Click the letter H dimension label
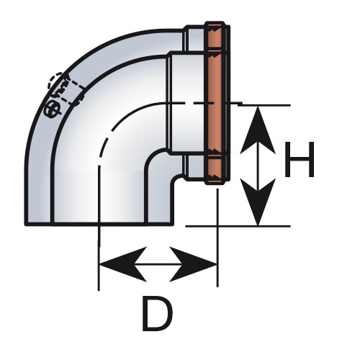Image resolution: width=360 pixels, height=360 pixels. (x=300, y=159)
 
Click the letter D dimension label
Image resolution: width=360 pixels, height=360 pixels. (x=157, y=313)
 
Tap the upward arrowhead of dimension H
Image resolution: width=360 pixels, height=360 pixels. (x=258, y=130)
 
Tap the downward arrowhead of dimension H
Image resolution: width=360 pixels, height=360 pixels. (x=258, y=202)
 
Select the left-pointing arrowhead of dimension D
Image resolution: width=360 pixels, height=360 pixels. (x=123, y=264)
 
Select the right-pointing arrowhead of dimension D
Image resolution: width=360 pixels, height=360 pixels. (x=194, y=264)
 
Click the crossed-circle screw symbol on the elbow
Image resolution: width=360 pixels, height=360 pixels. (x=53, y=110)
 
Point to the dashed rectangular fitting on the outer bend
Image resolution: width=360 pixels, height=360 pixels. (x=71, y=90)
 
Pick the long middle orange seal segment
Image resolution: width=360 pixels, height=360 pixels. (x=215, y=104)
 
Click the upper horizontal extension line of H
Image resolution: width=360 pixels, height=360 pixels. (x=264, y=105)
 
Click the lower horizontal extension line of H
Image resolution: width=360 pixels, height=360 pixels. (x=238, y=226)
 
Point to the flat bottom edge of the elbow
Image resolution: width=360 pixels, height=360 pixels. (x=99, y=224)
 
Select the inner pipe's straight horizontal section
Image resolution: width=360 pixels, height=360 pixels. (x=186, y=104)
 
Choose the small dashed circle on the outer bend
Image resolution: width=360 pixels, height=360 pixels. (x=56, y=81)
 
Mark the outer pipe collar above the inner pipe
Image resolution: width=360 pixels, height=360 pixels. (x=195, y=38)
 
